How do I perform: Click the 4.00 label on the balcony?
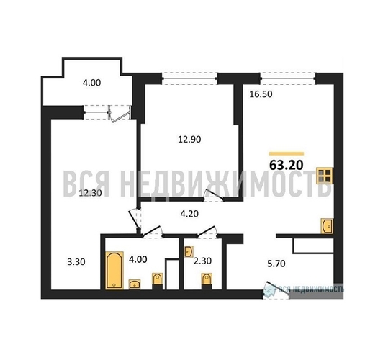(91, 83)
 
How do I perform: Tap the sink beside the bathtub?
(135, 284)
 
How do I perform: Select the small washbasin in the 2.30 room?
(189, 252)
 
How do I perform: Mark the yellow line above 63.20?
(287, 152)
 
